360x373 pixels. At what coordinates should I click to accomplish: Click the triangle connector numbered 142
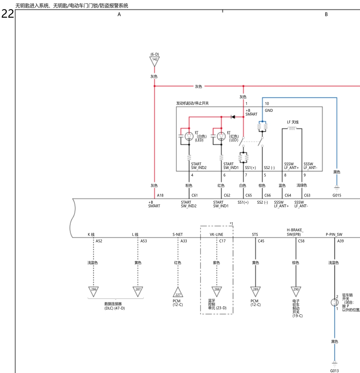tap(155, 61)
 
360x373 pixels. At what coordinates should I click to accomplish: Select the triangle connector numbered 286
tap(93, 291)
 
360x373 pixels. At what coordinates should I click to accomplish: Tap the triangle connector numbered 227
tap(178, 293)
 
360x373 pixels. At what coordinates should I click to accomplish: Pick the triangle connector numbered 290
tap(296, 291)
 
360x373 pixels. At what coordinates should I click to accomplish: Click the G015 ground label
tap(337, 195)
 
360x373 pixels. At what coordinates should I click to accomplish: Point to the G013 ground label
tap(334, 370)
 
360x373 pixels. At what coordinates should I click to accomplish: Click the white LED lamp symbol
tap(189, 136)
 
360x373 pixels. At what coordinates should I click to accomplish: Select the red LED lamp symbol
tap(221, 136)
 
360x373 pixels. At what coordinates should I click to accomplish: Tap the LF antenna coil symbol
tap(292, 128)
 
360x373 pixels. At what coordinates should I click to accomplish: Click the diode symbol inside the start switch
tap(233, 117)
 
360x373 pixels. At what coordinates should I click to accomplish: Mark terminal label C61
tap(194, 195)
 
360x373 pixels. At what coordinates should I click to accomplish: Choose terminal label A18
tap(160, 195)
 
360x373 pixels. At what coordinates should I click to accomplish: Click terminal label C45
tap(261, 241)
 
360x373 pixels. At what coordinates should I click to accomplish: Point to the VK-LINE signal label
tap(216, 234)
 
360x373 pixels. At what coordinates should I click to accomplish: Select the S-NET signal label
tap(178, 234)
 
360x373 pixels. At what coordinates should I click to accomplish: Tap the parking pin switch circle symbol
tap(334, 302)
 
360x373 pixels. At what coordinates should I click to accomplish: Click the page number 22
tap(8, 14)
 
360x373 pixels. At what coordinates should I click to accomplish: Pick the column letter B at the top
tap(326, 14)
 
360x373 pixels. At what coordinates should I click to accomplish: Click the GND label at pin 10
tap(269, 110)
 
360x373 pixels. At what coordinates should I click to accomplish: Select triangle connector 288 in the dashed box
tap(216, 291)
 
